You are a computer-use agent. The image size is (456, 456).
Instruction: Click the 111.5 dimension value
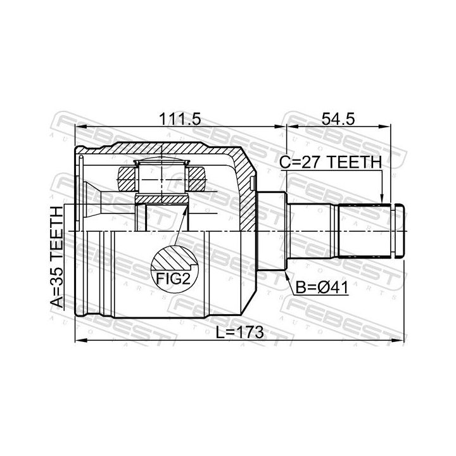pyautogui.click(x=180, y=119)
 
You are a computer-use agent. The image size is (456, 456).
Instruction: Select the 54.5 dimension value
pyautogui.click(x=338, y=119)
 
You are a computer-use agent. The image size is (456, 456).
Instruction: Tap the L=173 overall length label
pyautogui.click(x=240, y=332)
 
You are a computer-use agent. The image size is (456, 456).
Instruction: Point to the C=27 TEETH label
pyautogui.click(x=331, y=162)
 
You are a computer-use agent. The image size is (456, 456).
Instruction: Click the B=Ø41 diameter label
pyautogui.click(x=322, y=288)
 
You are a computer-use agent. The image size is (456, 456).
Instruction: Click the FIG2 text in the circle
pyautogui.click(x=174, y=279)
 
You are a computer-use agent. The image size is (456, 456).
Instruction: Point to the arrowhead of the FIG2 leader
pyautogui.click(x=185, y=208)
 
